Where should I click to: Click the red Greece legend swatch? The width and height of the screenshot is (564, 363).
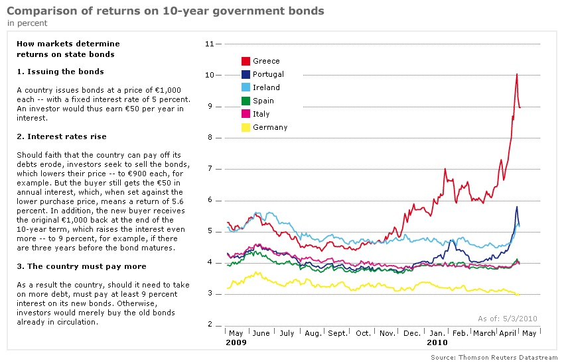(x=246, y=61)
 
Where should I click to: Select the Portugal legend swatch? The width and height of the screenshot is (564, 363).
(x=246, y=74)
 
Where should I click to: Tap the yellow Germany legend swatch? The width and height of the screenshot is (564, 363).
(x=246, y=127)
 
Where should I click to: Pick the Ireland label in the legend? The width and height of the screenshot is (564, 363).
(x=266, y=87)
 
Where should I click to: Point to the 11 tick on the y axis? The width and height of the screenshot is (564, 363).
(x=210, y=44)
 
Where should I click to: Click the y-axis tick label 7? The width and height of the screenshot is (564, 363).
(x=210, y=169)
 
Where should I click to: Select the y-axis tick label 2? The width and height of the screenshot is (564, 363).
(x=210, y=325)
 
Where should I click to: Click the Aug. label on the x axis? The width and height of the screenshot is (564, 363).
(x=312, y=334)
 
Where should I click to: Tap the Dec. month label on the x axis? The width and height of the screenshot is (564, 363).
(x=411, y=334)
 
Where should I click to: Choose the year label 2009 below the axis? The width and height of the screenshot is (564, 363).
(x=236, y=343)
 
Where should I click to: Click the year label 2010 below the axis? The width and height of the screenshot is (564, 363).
(x=437, y=343)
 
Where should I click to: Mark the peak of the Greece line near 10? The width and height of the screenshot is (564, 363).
(x=516, y=74)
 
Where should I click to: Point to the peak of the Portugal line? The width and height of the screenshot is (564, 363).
(x=516, y=207)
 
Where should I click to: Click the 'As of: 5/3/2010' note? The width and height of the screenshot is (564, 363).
(x=508, y=319)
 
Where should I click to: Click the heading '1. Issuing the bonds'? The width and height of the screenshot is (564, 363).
(x=60, y=72)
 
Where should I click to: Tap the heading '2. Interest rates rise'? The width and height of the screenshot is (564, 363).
(x=62, y=136)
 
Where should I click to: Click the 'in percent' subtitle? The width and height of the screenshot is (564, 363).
(x=27, y=23)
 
